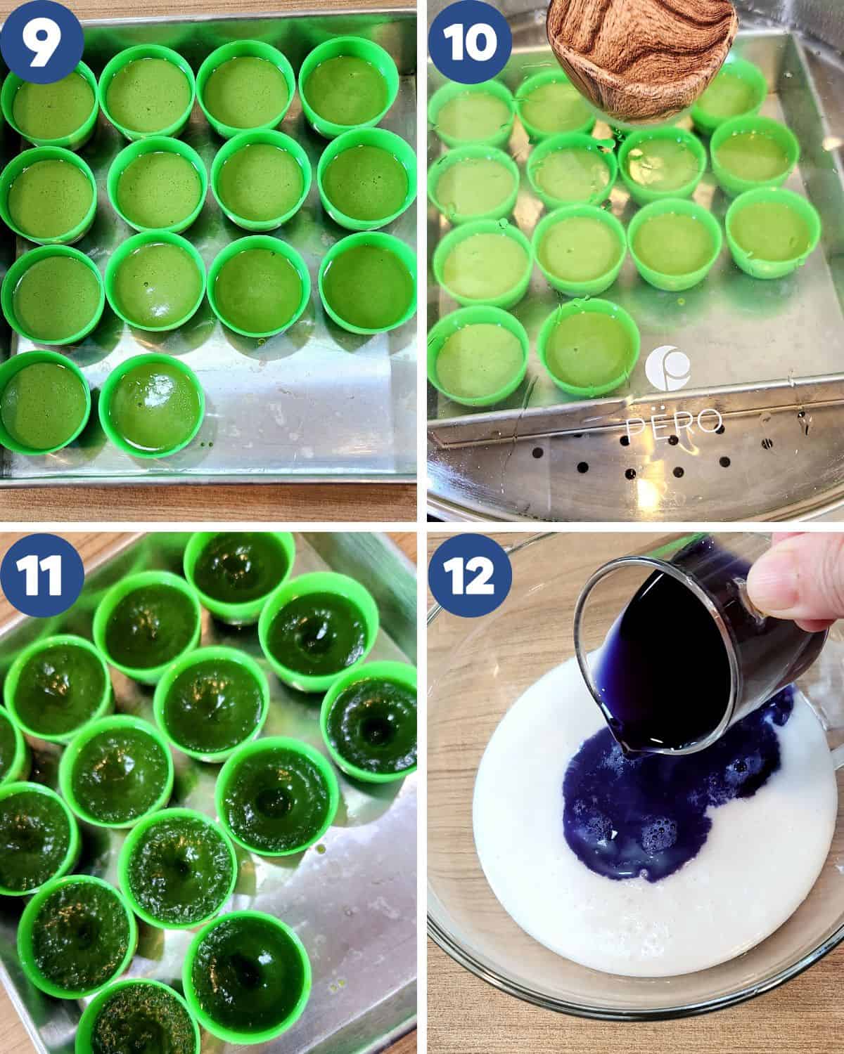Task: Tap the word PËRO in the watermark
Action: (x=673, y=422)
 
